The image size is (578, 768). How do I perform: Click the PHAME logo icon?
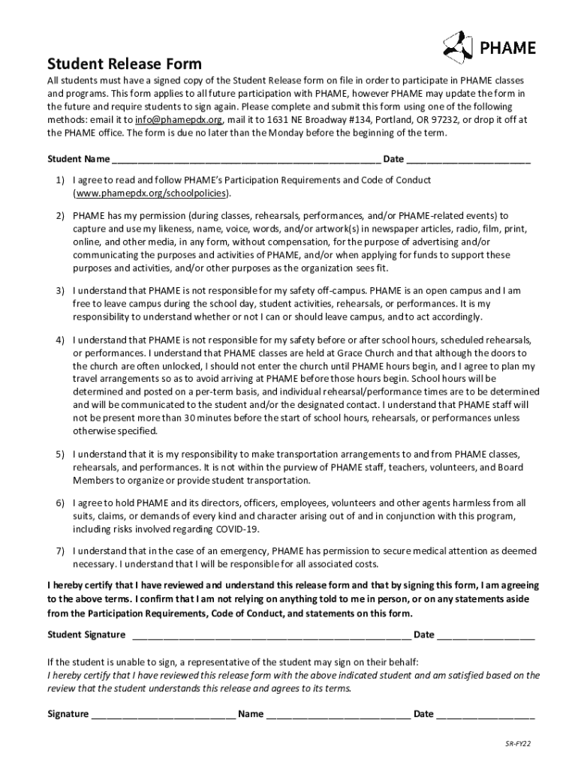tap(457, 46)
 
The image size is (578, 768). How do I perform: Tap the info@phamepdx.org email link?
tap(179, 120)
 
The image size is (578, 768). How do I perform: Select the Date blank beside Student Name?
tap(468, 160)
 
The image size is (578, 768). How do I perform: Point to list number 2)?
tap(59, 216)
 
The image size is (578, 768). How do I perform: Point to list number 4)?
tap(59, 339)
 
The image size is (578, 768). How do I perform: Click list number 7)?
tap(59, 550)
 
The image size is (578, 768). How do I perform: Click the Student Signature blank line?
tap(271, 635)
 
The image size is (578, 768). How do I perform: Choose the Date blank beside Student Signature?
tap(486, 635)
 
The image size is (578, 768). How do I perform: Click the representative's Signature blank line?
tap(163, 714)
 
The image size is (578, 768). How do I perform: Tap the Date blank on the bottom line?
tap(486, 714)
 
